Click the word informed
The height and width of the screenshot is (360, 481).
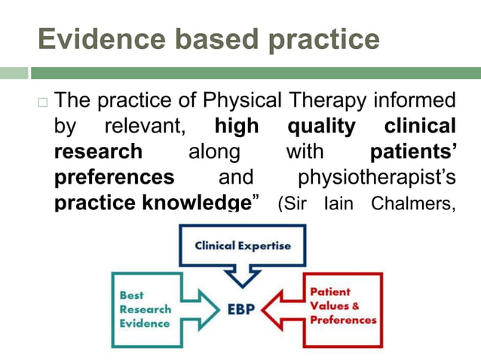point(418,100)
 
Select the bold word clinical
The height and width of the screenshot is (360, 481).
point(420,126)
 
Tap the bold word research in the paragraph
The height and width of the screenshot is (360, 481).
point(98,151)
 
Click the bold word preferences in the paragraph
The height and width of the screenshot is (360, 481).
point(114,177)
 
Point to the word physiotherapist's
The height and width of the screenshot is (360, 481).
point(377,177)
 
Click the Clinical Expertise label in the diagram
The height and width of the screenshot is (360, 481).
point(242,246)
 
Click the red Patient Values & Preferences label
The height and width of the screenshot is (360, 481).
point(342,306)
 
